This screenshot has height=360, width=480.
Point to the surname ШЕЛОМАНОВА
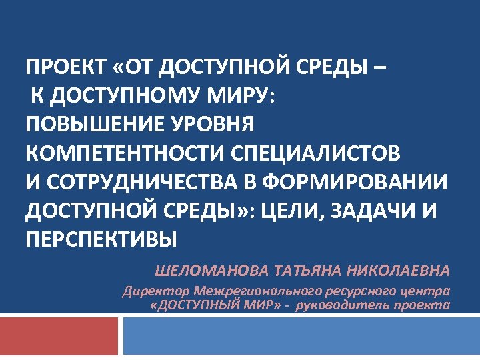click(x=208, y=271)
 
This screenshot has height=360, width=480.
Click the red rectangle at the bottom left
click(x=59, y=335)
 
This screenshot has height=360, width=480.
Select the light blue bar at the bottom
click(x=301, y=335)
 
